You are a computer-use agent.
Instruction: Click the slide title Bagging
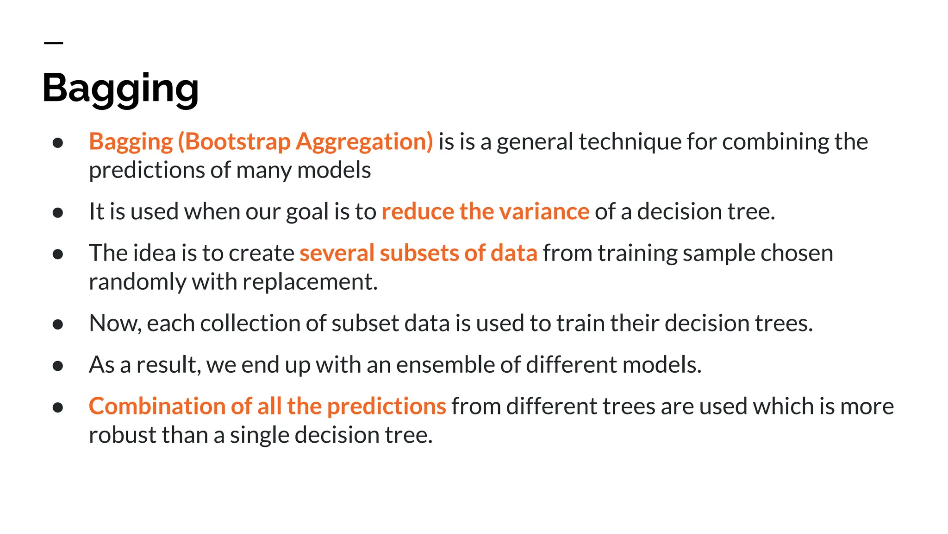coord(120,88)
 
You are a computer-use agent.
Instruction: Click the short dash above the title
coord(53,43)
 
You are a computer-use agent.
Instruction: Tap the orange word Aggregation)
coord(364,142)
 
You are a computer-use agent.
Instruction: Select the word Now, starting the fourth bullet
coord(115,324)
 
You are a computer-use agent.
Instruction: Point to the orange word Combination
coord(157,407)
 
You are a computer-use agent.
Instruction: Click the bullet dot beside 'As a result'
coord(58,366)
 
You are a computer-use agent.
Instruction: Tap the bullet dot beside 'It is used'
coord(58,213)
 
